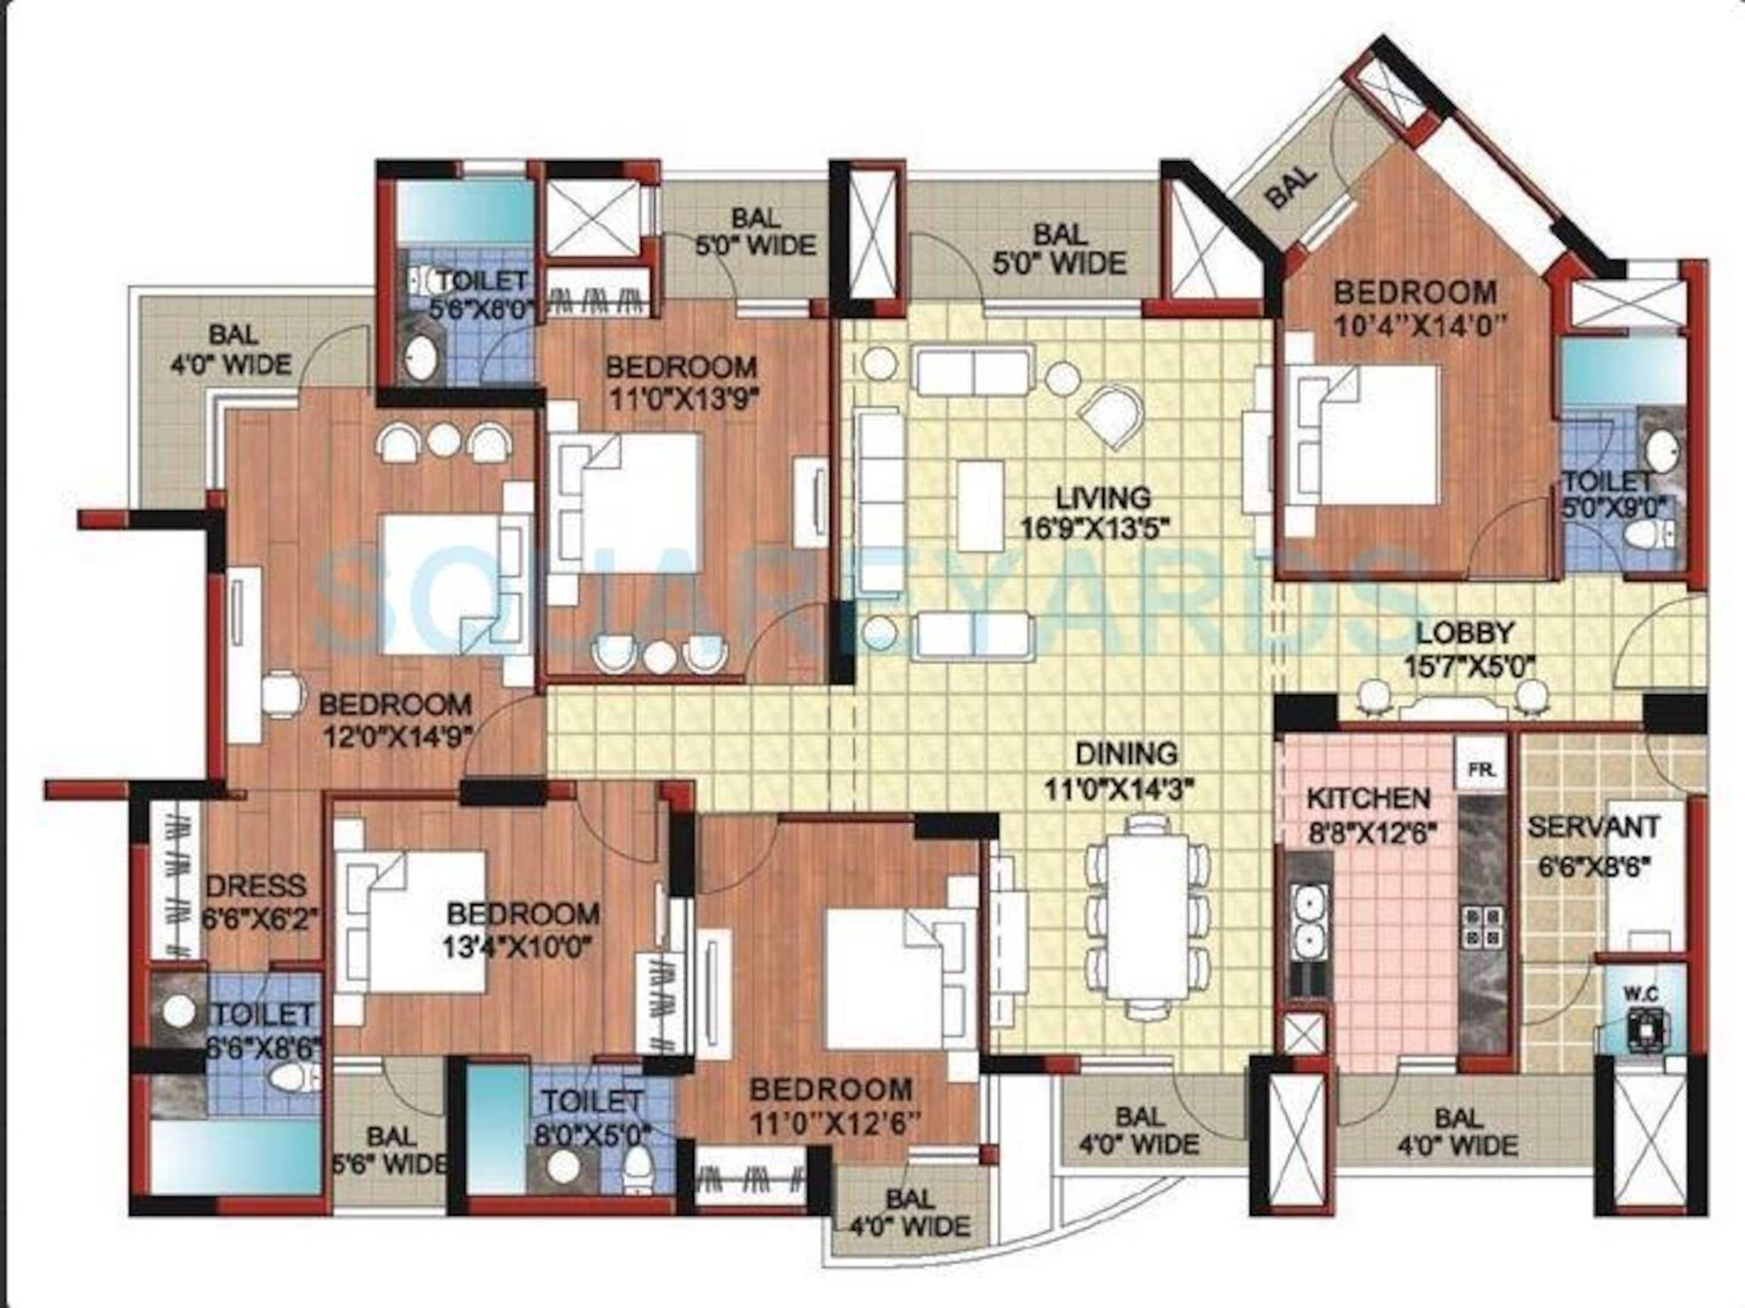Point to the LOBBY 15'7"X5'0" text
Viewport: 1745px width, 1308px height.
[1469, 649]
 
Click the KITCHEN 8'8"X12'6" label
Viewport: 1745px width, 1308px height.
[1368, 813]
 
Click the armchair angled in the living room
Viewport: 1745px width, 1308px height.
[1112, 417]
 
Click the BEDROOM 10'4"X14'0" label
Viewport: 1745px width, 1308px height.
[1415, 308]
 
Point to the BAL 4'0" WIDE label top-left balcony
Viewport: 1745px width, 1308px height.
[233, 350]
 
